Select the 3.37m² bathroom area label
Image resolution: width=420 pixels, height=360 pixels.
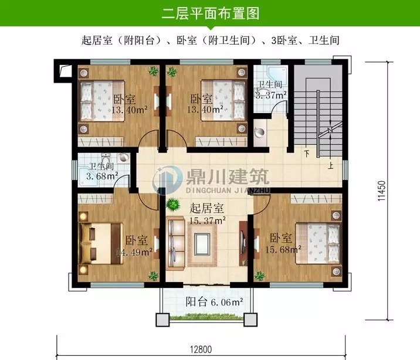tap(270, 94)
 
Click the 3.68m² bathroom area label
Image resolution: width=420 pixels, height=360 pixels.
tap(102, 175)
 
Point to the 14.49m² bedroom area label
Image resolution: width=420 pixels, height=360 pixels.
tap(134, 252)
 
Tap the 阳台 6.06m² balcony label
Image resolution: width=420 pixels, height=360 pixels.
tap(214, 303)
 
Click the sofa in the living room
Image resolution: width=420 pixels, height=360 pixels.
tap(175, 241)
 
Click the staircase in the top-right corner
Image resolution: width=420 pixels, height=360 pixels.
tap(317, 117)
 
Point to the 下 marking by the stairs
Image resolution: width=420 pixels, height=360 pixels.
tap(307, 154)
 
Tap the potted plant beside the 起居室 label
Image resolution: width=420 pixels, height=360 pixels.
tap(173, 205)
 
